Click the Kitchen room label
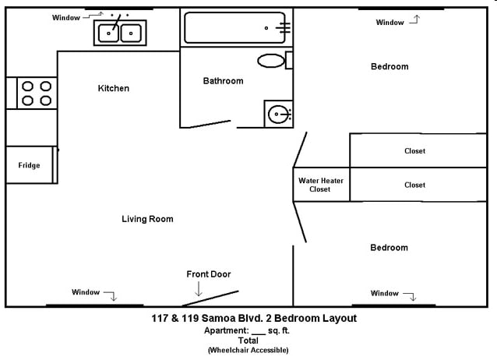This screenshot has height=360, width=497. coord(113,88)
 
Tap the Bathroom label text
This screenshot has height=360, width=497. coord(223,80)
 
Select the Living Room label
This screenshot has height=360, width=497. coord(147,219)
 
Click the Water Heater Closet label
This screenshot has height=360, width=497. coord(320,185)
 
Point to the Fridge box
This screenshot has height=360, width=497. coord(29,165)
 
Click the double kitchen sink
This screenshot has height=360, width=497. coord(120,32)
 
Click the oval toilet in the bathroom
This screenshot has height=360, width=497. coord(272,60)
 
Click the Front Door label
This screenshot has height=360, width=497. coord(208,274)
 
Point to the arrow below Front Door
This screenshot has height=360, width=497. coord(199,289)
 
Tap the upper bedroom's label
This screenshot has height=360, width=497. coord(389,66)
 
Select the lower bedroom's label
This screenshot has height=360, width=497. coord(389,247)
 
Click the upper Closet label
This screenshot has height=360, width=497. coord(414,150)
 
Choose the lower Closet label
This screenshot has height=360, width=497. coord(414,185)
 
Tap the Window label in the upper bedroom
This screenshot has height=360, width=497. coord(389,23)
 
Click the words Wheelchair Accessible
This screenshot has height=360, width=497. coord(248,351)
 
